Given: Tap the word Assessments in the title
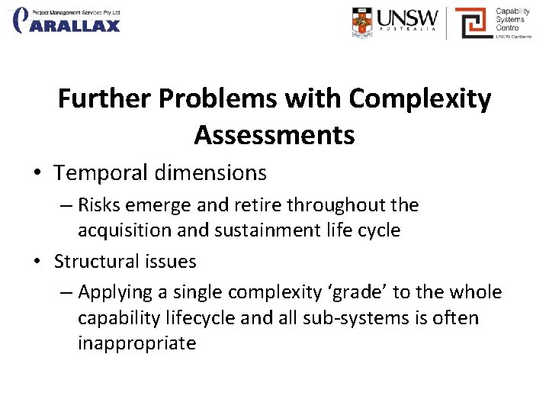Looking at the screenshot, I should click(x=274, y=135).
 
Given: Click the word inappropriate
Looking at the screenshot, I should click(x=136, y=343).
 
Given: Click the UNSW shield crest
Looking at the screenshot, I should click(x=363, y=23).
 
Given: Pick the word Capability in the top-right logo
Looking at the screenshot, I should click(x=512, y=11).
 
